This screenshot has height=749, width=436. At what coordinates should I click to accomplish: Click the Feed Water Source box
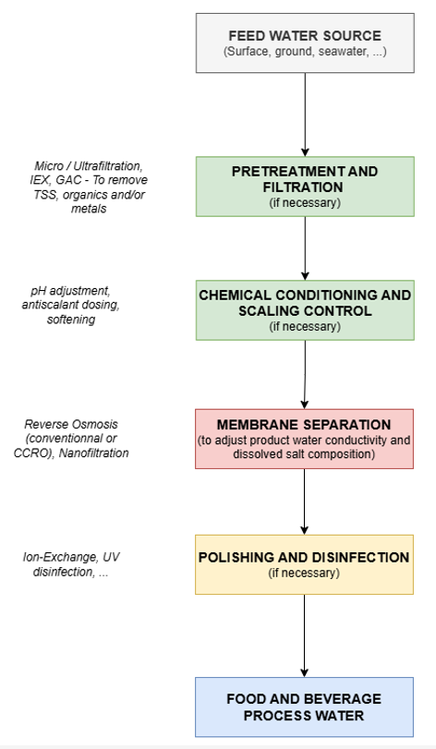(305, 43)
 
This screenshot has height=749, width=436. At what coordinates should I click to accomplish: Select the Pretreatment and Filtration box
(305, 187)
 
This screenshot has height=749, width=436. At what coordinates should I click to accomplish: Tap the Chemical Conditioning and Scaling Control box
(305, 310)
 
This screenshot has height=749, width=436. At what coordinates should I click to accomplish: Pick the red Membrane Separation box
(304, 439)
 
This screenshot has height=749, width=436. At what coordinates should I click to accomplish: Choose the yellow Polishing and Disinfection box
(304, 564)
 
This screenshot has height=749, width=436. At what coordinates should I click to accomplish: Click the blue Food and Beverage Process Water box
(304, 707)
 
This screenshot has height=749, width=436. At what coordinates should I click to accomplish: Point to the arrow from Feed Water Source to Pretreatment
(305, 115)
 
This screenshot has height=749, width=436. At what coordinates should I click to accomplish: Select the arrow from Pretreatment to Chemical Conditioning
(305, 248)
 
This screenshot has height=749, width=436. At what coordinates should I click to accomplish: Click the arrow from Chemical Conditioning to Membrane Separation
(305, 375)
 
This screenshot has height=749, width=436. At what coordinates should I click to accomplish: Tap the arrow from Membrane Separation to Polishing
(304, 502)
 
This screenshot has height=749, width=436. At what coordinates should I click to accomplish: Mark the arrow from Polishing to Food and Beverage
(304, 635)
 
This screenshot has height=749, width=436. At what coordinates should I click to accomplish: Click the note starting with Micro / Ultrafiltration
(89, 187)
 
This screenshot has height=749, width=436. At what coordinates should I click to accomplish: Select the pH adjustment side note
(71, 305)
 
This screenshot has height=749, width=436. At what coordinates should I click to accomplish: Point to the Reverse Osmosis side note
(71, 439)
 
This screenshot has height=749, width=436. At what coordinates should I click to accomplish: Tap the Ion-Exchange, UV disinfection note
(71, 564)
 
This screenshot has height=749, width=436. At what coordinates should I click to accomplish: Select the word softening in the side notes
(71, 320)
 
